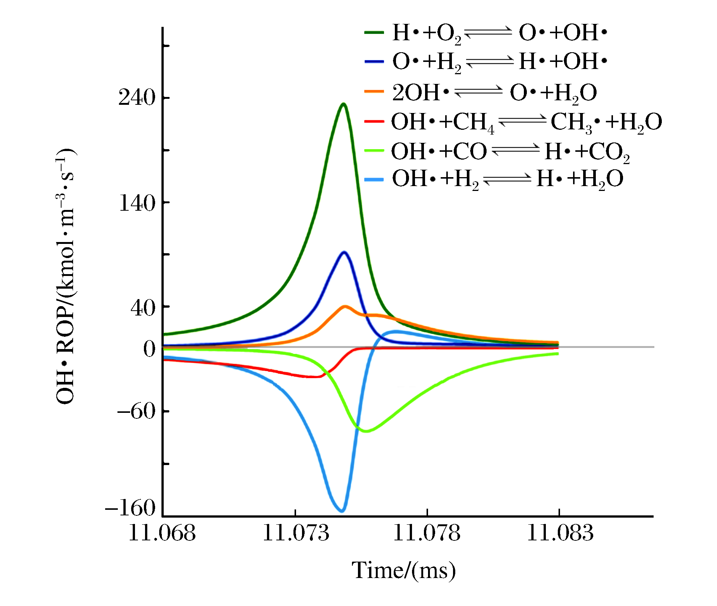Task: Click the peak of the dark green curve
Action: [x=344, y=104]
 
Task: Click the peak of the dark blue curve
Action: [x=344, y=252]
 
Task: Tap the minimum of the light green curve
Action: [x=367, y=431]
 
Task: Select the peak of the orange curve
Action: [x=345, y=307]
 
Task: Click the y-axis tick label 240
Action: [x=136, y=98]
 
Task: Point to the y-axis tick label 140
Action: [x=136, y=203]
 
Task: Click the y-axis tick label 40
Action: [x=143, y=308]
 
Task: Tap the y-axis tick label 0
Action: [x=149, y=349]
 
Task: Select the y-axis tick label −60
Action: [x=136, y=412]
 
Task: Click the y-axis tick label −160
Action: [x=130, y=508]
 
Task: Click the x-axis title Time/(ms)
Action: [x=404, y=571]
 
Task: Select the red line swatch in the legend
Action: [x=374, y=121]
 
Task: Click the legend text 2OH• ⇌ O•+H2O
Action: [x=494, y=92]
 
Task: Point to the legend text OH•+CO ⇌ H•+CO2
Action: [x=510, y=151]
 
